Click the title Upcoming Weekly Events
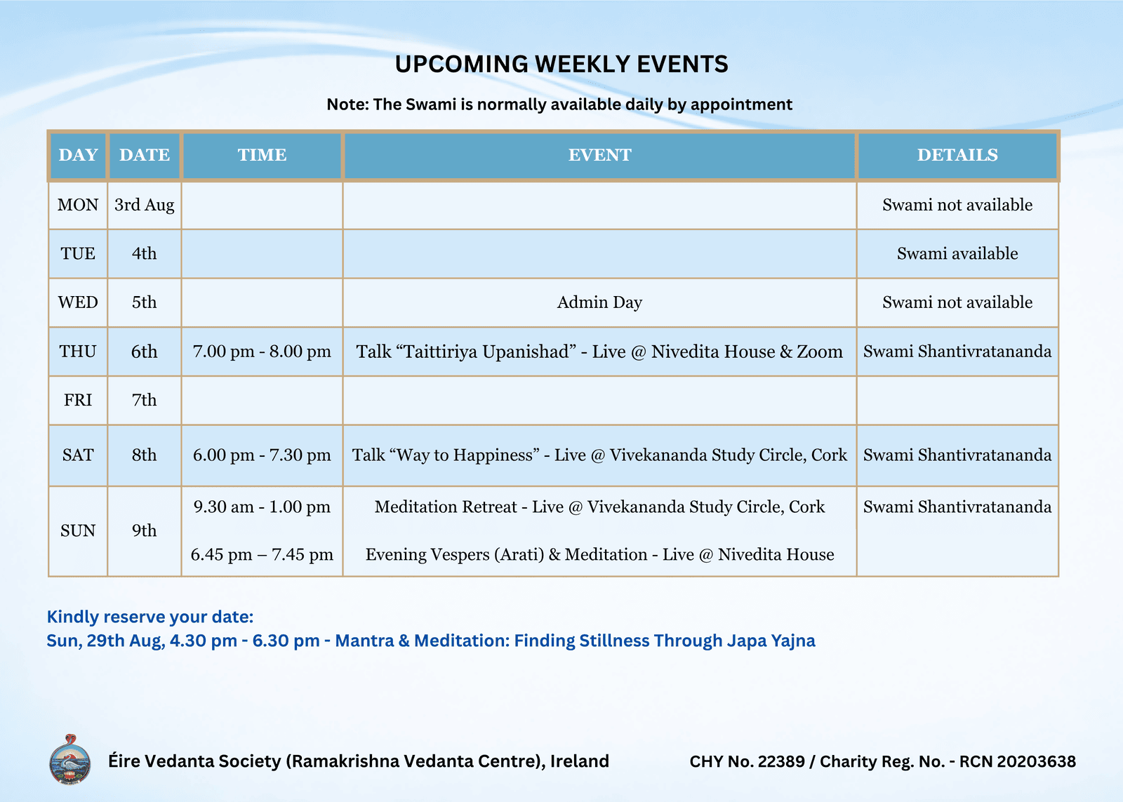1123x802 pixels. [x=561, y=64]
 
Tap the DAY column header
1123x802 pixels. [x=78, y=155]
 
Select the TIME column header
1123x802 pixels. [x=263, y=155]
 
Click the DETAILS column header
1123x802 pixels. [x=957, y=155]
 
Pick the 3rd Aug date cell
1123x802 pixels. [x=145, y=205]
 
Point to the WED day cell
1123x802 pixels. [x=78, y=302]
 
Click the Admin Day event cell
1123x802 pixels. [x=599, y=302]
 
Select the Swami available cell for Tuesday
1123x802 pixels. [x=957, y=253]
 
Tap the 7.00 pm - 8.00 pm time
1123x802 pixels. [x=263, y=352]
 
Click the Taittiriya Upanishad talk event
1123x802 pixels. [x=599, y=352]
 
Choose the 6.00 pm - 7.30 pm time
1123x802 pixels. [x=263, y=455]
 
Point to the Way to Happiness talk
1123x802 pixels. [x=599, y=455]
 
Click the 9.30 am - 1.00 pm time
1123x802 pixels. [x=263, y=507]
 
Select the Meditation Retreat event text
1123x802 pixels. [x=599, y=507]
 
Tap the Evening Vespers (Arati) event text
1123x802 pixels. [x=599, y=554]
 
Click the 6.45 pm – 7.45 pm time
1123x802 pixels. [x=263, y=554]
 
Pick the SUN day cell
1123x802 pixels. [x=78, y=530]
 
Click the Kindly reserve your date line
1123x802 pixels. [x=150, y=617]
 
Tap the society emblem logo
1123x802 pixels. [x=70, y=759]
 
